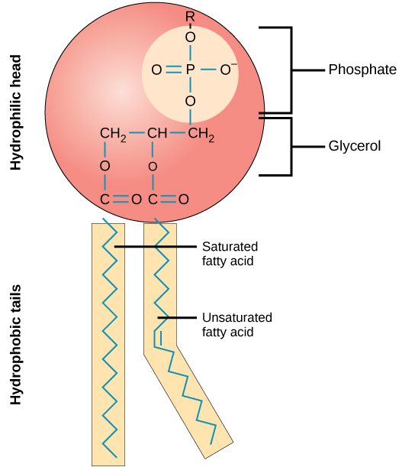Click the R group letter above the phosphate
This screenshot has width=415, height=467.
(190, 15)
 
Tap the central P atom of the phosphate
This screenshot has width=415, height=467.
(191, 70)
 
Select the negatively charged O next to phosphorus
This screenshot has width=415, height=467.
(227, 70)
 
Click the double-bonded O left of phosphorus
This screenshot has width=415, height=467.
(156, 70)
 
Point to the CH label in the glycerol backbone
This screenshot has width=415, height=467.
(157, 135)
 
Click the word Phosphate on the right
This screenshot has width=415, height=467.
(362, 70)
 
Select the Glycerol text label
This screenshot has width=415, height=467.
(355, 145)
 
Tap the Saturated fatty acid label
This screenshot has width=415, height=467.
(230, 254)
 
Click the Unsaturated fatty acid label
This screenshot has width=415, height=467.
(236, 324)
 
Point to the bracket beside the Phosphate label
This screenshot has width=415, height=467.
(290, 70)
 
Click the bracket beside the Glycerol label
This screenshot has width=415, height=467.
(290, 145)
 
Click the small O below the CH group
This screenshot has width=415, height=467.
(153, 166)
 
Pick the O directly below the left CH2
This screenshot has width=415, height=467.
(105, 166)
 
